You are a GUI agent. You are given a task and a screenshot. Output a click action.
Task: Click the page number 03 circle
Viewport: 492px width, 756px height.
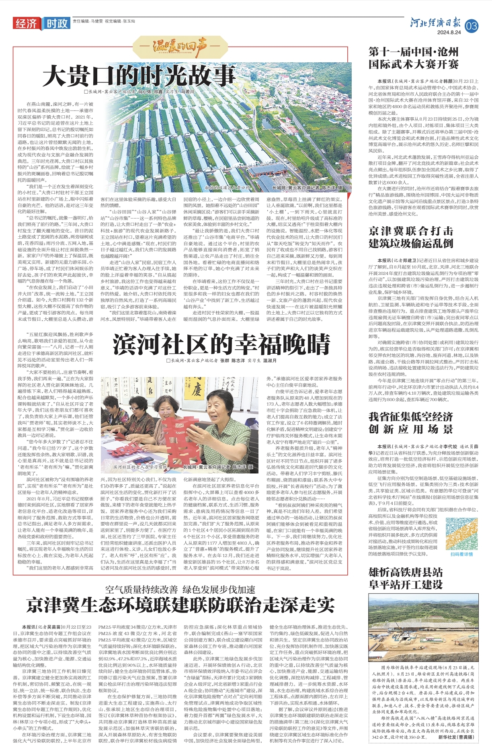(x=471, y=26)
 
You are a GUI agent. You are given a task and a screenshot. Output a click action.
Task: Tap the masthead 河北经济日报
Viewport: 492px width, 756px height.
(x=436, y=23)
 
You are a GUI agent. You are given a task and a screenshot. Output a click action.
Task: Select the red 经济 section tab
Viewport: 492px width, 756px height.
(x=27, y=24)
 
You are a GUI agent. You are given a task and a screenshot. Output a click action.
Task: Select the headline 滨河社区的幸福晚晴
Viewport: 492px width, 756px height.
(x=221, y=344)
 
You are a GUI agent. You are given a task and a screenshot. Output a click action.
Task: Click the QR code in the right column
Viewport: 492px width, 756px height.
(x=461, y=533)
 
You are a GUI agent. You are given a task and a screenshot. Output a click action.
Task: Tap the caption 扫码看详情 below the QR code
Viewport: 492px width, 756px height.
(x=461, y=554)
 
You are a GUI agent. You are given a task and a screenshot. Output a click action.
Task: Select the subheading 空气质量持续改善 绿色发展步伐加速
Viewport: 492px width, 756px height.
(x=180, y=590)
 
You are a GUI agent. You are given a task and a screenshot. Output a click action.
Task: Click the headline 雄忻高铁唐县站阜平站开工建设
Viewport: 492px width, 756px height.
(x=405, y=578)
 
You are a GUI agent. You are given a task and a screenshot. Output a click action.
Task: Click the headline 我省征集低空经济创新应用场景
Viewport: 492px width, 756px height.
(x=410, y=423)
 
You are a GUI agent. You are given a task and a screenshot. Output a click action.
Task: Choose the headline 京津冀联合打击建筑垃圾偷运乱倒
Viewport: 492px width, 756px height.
(x=410, y=237)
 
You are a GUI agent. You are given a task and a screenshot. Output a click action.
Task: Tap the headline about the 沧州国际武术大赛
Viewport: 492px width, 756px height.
(x=413, y=58)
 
